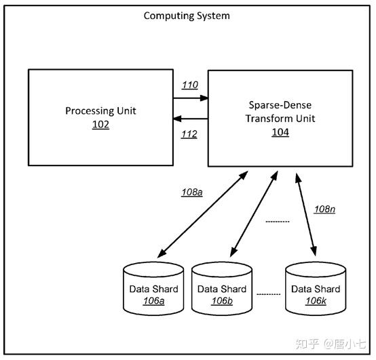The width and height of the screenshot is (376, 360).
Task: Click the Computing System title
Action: click(x=187, y=16)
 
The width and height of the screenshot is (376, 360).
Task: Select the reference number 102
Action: click(x=100, y=125)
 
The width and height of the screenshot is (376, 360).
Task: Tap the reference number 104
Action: click(x=280, y=132)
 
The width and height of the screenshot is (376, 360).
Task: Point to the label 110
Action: click(x=190, y=85)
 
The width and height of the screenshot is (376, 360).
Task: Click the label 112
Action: click(x=189, y=134)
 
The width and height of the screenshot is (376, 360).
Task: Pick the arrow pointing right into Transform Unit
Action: click(x=191, y=98)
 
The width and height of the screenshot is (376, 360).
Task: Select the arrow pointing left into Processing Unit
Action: click(x=191, y=119)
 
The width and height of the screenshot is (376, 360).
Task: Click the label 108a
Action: click(x=192, y=193)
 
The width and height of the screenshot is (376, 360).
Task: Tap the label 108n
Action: click(x=324, y=209)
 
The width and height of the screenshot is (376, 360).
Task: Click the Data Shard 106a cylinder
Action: click(x=153, y=289)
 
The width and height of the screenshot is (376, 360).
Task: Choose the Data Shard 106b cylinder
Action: click(x=222, y=289)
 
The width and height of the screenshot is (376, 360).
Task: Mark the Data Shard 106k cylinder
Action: click(x=316, y=289)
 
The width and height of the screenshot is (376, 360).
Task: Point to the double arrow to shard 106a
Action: click(x=203, y=214)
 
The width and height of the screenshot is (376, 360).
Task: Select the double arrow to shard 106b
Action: click(x=254, y=214)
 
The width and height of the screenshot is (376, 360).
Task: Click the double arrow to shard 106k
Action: click(x=305, y=215)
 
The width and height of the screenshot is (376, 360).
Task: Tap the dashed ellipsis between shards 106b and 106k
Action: click(x=269, y=294)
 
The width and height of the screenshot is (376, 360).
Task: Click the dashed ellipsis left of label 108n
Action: click(x=278, y=222)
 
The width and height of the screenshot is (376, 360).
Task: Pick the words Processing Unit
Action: click(x=100, y=111)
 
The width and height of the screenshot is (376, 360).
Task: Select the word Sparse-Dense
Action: click(x=280, y=105)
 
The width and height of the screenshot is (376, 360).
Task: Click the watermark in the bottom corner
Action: click(x=331, y=344)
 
